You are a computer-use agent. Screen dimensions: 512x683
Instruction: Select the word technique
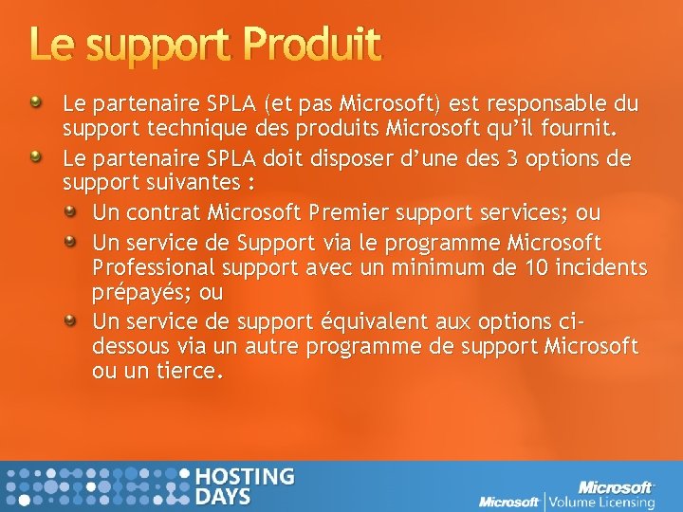point(185,126)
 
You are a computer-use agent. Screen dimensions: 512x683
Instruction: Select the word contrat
point(161,210)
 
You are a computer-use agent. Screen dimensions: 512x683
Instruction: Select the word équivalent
point(359,321)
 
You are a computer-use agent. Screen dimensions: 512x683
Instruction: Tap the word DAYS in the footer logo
point(224,496)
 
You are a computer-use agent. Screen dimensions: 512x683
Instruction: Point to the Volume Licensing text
point(600,502)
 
